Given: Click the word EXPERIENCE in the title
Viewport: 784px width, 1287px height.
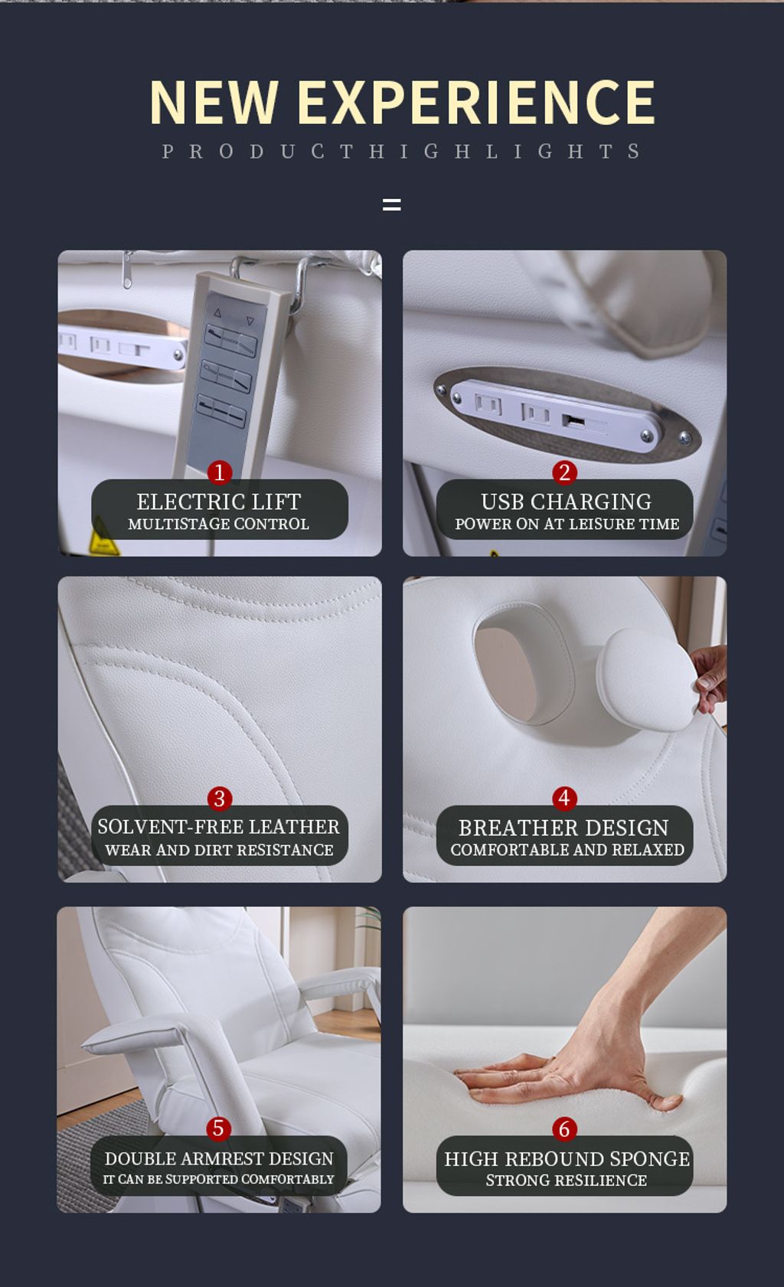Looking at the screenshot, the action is [x=476, y=102].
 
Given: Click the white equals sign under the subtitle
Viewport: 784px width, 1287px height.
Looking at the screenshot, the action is [x=392, y=204].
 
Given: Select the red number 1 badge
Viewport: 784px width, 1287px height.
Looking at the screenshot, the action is [x=220, y=472].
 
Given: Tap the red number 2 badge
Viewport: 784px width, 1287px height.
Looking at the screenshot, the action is [x=564, y=472].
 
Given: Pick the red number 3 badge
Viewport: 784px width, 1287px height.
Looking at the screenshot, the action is [x=220, y=798].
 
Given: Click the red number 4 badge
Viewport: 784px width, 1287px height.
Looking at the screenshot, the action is [x=564, y=798].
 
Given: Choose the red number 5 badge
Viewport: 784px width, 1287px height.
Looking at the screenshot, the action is [x=218, y=1129].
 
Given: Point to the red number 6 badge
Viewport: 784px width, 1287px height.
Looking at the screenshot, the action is [x=564, y=1129].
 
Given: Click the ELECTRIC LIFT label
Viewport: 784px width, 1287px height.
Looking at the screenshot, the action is [x=219, y=502].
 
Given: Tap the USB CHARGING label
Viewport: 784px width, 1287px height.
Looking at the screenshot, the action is [x=567, y=502].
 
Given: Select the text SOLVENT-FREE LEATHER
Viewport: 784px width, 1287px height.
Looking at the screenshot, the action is [x=219, y=827].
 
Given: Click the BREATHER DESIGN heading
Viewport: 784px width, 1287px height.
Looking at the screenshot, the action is [x=563, y=828].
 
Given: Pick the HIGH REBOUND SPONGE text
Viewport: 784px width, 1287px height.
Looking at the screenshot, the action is [x=567, y=1159].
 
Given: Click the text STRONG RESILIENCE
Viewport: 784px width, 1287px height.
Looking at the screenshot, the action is [x=567, y=1180].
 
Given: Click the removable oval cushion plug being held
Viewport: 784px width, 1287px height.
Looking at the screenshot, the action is [x=646, y=679].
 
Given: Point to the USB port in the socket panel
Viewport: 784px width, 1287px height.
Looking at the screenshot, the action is [x=573, y=421].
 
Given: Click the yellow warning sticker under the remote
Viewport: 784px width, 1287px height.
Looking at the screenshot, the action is [x=103, y=539].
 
